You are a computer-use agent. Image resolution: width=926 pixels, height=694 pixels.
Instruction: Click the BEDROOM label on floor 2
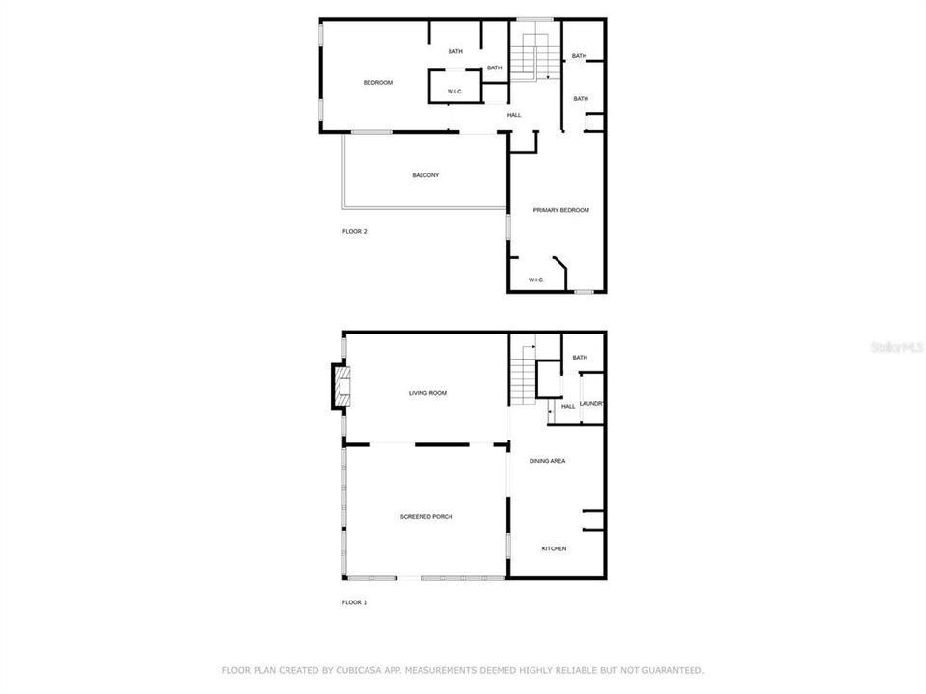click(x=377, y=83)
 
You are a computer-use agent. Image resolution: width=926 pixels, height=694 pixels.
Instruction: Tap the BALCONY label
click(x=425, y=175)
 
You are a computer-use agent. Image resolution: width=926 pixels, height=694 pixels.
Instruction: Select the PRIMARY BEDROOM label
click(x=560, y=210)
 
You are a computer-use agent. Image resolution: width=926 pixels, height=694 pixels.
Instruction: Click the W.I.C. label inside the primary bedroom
click(x=536, y=280)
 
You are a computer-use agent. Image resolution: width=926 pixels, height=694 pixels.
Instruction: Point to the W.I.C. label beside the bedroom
click(x=455, y=92)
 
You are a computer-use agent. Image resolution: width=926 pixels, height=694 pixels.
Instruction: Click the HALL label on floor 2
click(x=514, y=116)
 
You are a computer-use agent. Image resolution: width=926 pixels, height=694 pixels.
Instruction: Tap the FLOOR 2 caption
click(x=355, y=232)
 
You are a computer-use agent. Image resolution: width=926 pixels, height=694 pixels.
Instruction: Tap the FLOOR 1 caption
click(x=355, y=602)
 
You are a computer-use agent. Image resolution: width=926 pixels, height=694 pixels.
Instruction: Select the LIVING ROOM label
click(x=427, y=393)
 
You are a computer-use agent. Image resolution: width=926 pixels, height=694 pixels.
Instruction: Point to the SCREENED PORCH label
click(x=426, y=517)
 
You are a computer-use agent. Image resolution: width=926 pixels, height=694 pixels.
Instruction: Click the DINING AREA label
click(x=547, y=462)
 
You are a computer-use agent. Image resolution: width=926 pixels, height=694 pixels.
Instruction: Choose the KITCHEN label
click(x=554, y=549)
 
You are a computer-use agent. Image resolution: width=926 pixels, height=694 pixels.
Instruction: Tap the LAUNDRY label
click(x=592, y=404)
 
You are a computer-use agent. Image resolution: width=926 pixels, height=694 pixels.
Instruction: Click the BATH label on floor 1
click(x=580, y=358)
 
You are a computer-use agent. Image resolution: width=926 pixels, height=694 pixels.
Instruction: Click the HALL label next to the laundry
click(x=568, y=407)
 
